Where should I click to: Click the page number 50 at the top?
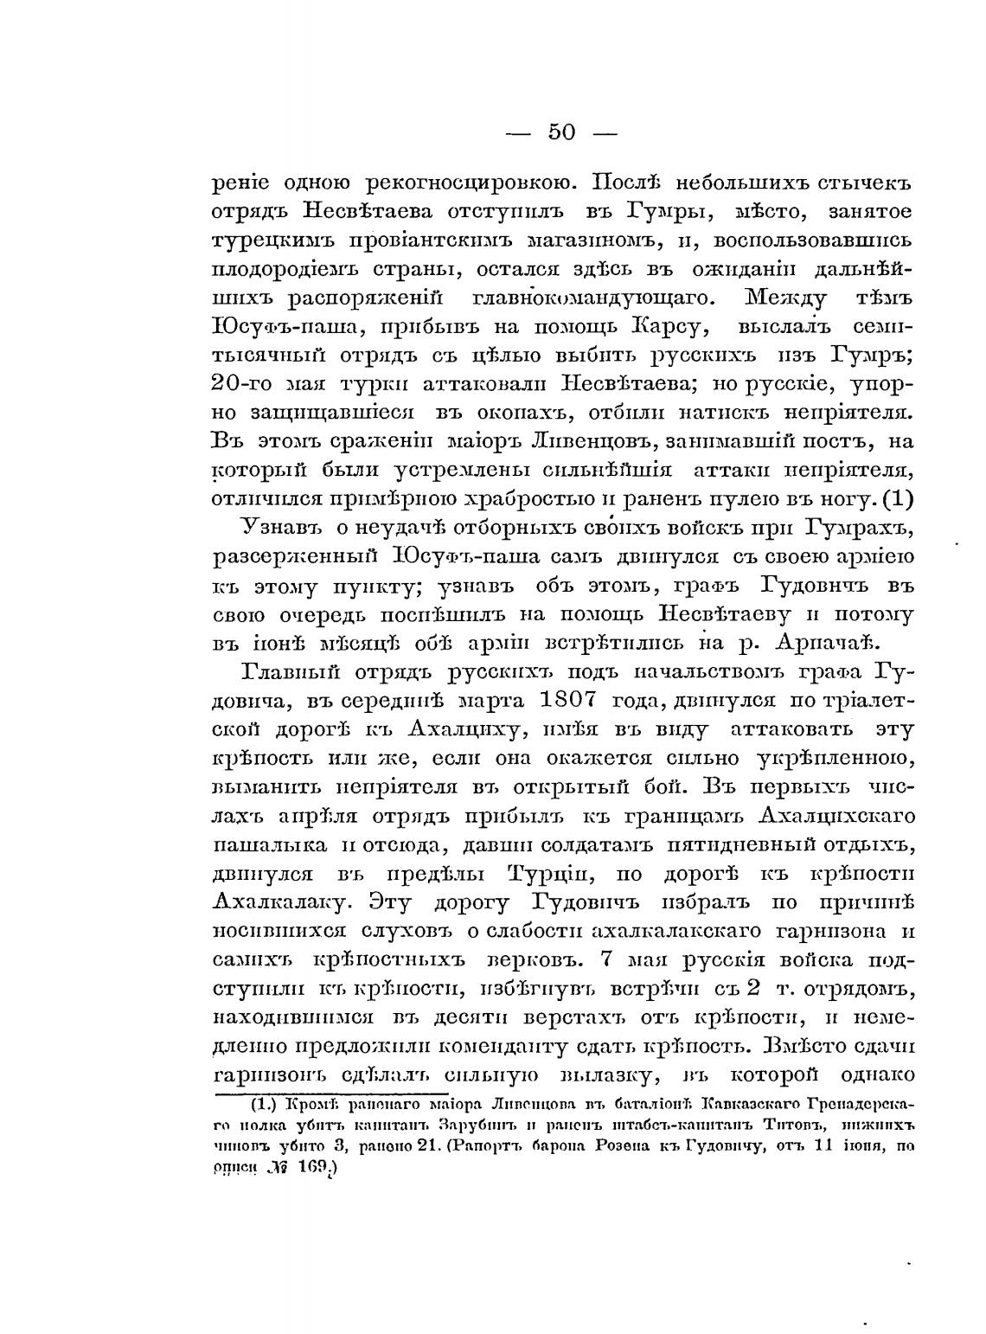click(x=561, y=131)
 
